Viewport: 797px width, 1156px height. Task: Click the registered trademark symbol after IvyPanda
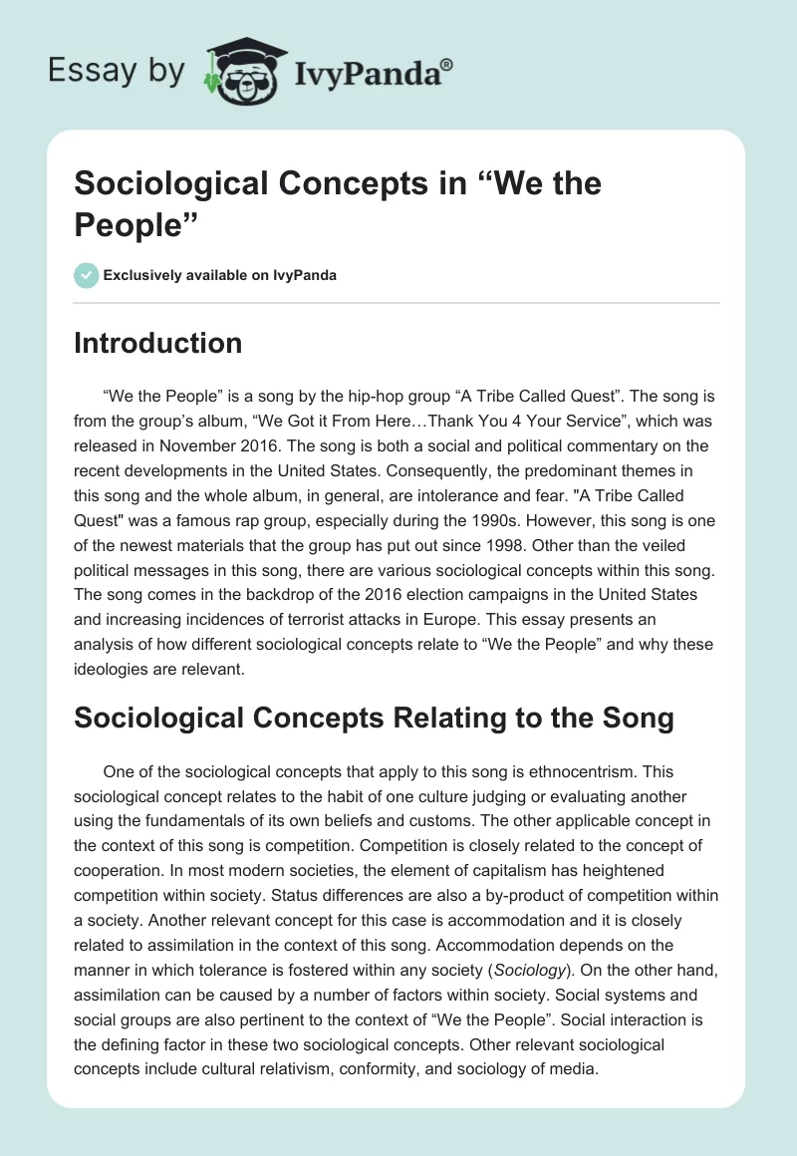point(447,64)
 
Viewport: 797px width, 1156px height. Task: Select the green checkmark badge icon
point(86,275)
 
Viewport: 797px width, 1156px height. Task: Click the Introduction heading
point(158,343)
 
